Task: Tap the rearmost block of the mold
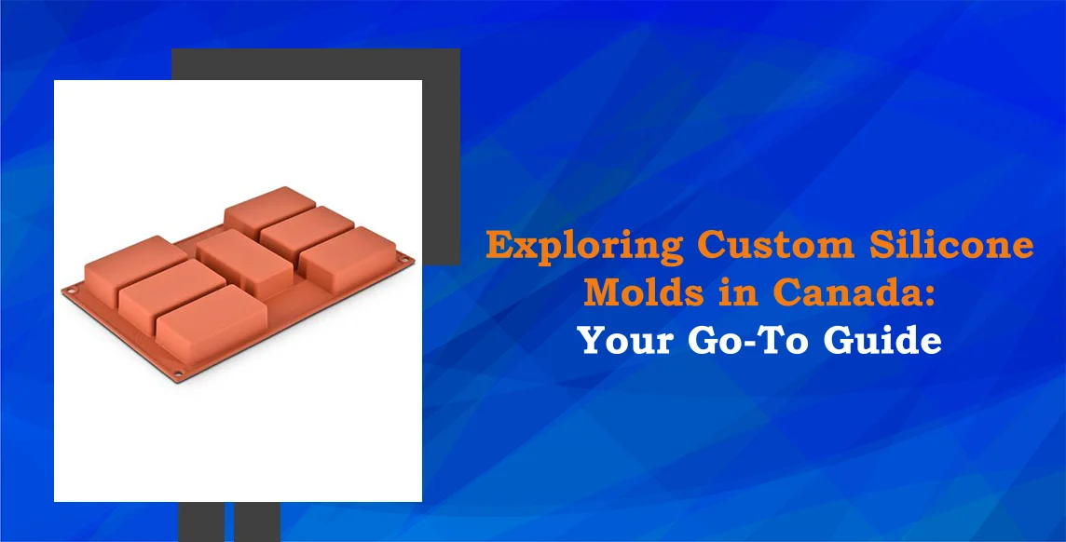268,208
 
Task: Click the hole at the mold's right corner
403,258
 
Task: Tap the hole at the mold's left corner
69,288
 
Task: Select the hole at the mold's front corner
180,374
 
